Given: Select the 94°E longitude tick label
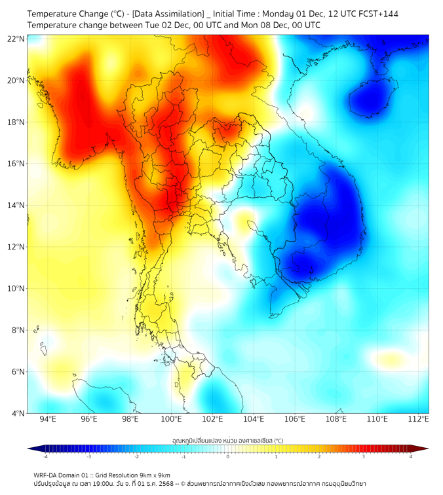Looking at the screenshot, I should pyautogui.click(x=48, y=419).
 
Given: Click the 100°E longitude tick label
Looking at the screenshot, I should pyautogui.click(x=172, y=419).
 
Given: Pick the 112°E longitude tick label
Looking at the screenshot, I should pyautogui.click(x=418, y=419).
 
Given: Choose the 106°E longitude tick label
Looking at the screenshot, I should pyautogui.click(x=295, y=419).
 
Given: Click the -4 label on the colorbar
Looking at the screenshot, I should pyautogui.click(x=45, y=456).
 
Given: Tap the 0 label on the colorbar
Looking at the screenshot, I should pyautogui.click(x=228, y=456).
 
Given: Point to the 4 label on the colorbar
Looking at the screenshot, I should pyautogui.click(x=410, y=456).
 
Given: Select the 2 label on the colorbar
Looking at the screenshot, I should pyautogui.click(x=319, y=456).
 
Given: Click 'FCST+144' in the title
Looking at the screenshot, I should pyautogui.click(x=377, y=14).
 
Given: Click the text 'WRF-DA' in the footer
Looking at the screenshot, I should pyautogui.click(x=46, y=475).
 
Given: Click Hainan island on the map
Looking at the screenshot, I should pyautogui.click(x=369, y=98).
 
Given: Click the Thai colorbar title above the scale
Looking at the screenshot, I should pyautogui.click(x=227, y=440).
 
